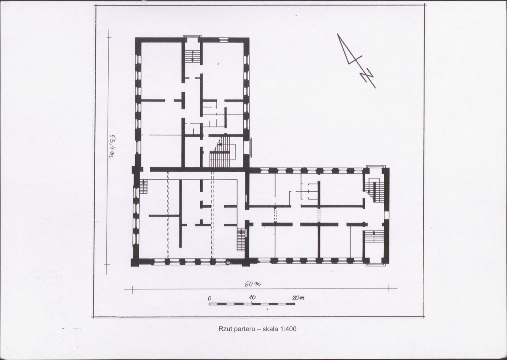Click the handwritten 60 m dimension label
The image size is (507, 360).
pyautogui.click(x=253, y=284)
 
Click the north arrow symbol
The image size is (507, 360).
pyautogui.click(x=356, y=60)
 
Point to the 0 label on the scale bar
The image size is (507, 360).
pyautogui.click(x=209, y=299)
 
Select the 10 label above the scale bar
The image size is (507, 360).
pyautogui.click(x=252, y=297)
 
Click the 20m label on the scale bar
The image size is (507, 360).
pyautogui.click(x=298, y=298)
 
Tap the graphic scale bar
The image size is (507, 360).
pyautogui.click(x=251, y=304)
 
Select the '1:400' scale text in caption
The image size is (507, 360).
pyautogui.click(x=289, y=329)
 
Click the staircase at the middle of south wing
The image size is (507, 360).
pyautogui.click(x=241, y=240)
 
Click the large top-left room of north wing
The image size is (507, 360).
pyautogui.click(x=161, y=71)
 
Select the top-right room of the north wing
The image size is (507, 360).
pyautogui.click(x=223, y=71)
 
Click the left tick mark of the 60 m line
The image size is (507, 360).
pyautogui.click(x=132, y=289)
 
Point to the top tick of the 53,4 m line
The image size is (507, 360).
pyautogui.click(x=109, y=38)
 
